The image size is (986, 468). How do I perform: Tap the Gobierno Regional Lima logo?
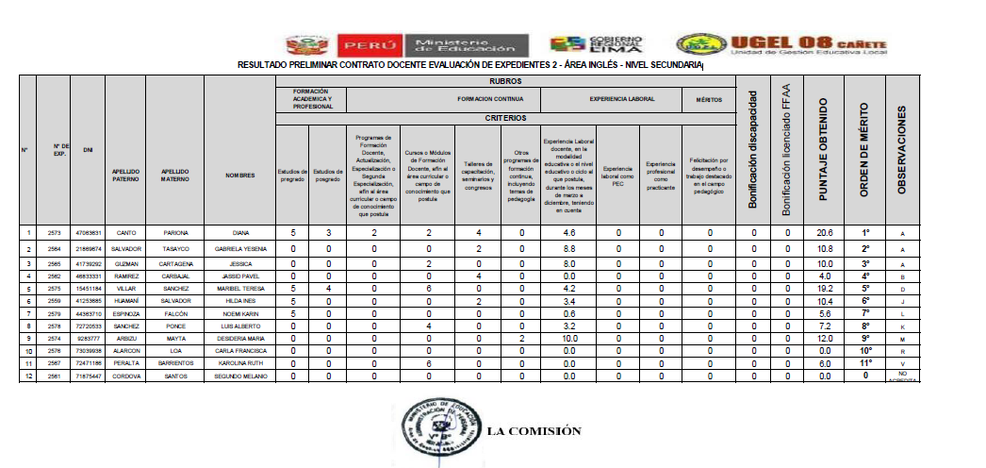(599, 46)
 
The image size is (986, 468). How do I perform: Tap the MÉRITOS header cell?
(710, 98)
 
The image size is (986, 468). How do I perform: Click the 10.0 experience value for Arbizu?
(568, 337)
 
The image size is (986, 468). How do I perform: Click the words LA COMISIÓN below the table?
(534, 432)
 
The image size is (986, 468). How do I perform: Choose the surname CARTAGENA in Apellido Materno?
(174, 263)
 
